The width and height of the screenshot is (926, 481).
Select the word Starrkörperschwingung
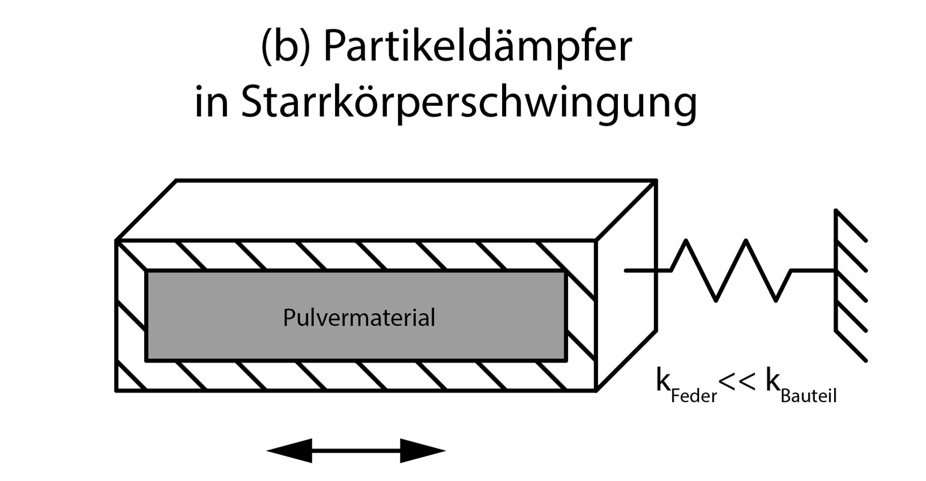click(x=469, y=102)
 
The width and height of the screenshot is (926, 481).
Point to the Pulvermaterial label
click(x=359, y=317)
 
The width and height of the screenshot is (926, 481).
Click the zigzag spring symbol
click(x=731, y=271)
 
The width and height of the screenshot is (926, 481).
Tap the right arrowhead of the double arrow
click(x=423, y=450)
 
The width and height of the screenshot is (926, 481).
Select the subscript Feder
click(x=694, y=396)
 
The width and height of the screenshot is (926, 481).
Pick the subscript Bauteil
click(x=808, y=396)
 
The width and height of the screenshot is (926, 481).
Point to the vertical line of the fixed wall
click(x=835, y=271)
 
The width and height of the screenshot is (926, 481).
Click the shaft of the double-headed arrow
click(x=356, y=450)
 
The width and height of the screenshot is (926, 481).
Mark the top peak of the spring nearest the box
click(x=686, y=241)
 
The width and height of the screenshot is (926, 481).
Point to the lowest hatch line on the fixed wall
click(x=851, y=346)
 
